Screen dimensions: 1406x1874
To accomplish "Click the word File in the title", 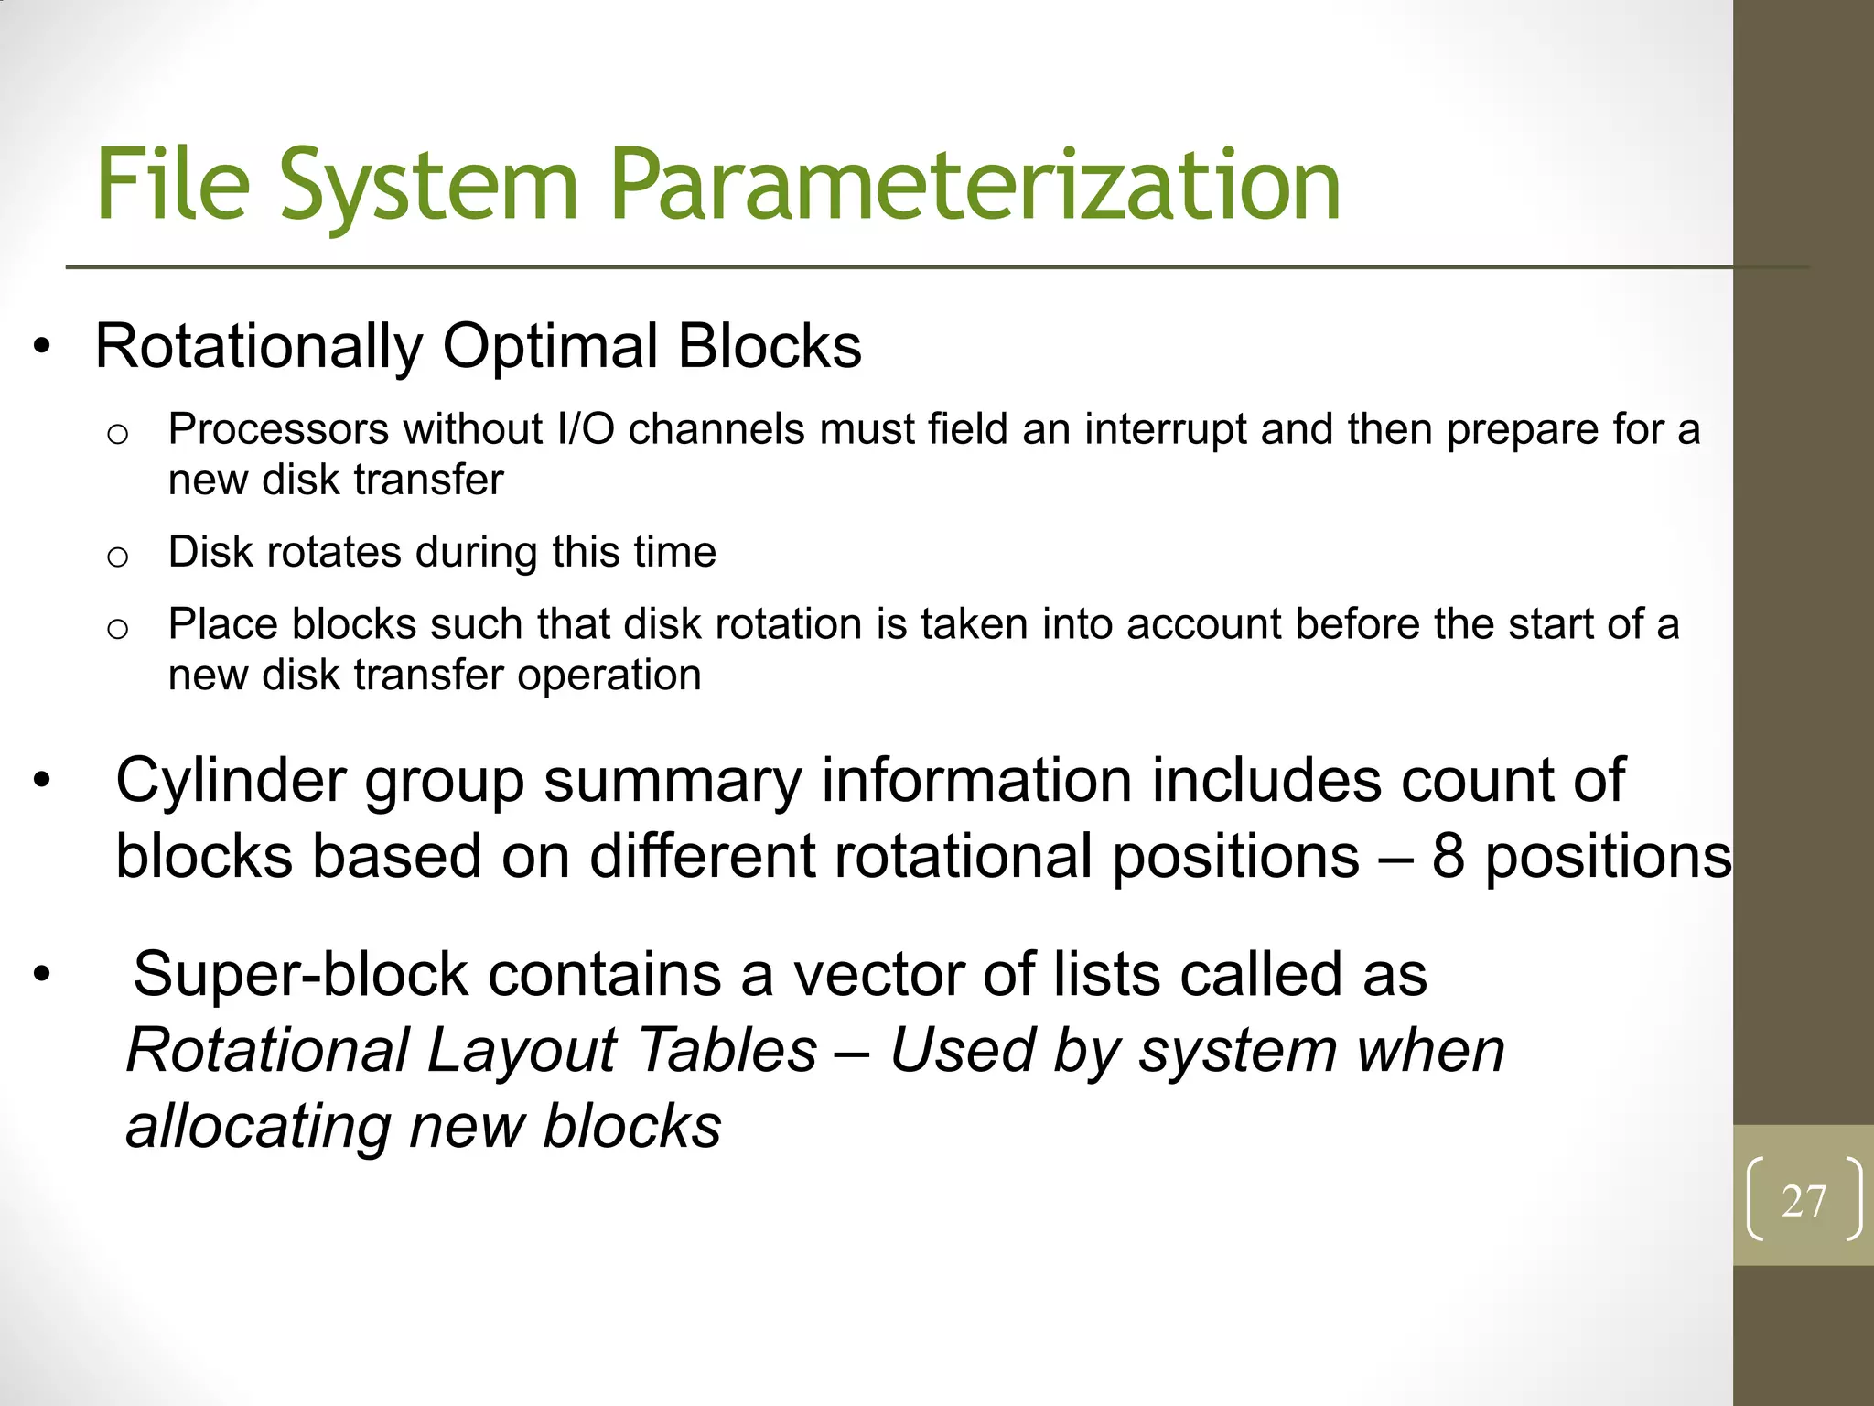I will point(173,186).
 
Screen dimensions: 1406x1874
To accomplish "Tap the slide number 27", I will point(1803,1201).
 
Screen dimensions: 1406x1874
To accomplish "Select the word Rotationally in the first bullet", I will point(259,348).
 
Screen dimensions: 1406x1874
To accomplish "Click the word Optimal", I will point(550,348).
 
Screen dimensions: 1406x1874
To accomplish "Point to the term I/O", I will point(586,429).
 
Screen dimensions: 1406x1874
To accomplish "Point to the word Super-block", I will point(300,974).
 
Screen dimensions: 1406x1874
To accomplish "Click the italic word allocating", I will point(258,1126).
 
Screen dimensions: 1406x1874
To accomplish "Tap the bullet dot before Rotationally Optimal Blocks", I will point(41,348).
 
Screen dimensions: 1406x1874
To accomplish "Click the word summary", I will point(673,782).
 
